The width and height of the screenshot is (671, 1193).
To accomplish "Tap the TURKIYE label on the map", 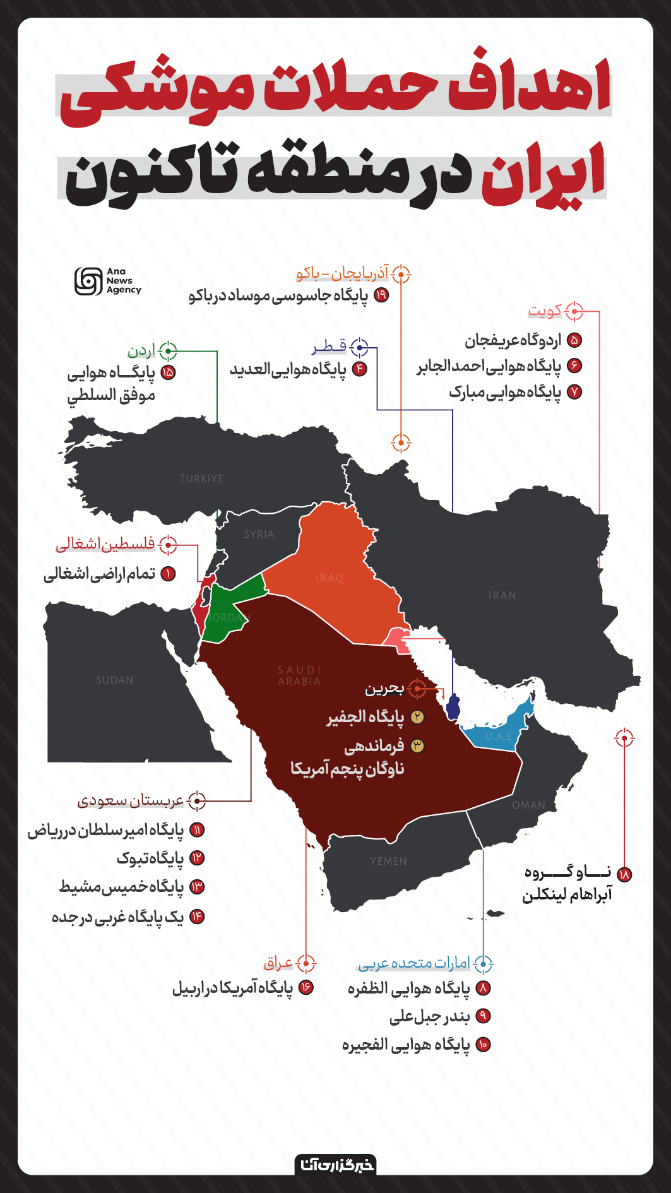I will click(x=201, y=479).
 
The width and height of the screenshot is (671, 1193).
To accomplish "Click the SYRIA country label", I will click(x=259, y=535).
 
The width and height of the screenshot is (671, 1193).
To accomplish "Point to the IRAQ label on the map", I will click(x=330, y=578).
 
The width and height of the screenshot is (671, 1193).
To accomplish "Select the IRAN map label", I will click(x=502, y=596).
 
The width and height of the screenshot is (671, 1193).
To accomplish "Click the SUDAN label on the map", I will click(x=114, y=680).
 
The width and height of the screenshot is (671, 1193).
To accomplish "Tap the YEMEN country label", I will click(x=388, y=862).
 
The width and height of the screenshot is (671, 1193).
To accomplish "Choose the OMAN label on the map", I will click(x=528, y=805).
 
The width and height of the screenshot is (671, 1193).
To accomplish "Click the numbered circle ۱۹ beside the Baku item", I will click(x=381, y=295).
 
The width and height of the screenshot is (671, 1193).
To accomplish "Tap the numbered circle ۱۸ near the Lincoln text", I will click(x=624, y=874).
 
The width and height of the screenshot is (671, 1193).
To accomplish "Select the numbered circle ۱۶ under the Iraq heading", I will click(x=306, y=987).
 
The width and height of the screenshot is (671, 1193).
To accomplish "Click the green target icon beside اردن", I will click(x=168, y=350).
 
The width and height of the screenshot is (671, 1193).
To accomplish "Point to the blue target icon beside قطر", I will click(x=359, y=347).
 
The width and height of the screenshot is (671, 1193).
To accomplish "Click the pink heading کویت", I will click(x=545, y=311).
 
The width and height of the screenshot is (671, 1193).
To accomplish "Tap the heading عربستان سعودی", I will click(x=131, y=801).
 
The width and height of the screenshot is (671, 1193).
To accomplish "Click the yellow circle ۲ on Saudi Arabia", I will click(x=417, y=717).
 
